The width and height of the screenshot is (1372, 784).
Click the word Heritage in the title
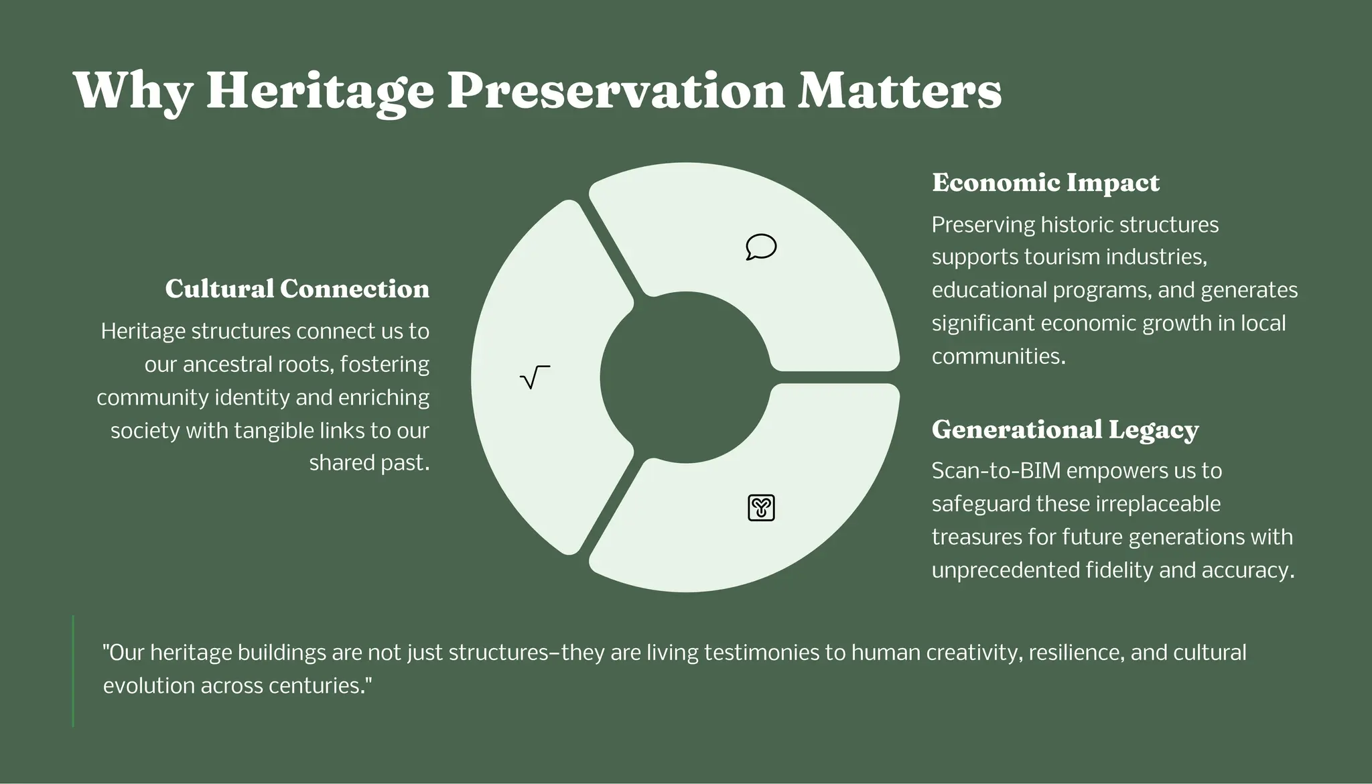pos(320,91)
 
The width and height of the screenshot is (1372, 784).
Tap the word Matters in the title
pos(899,91)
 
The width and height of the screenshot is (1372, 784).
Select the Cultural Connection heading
pos(297,289)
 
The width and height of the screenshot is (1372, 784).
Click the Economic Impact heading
pos(1045,183)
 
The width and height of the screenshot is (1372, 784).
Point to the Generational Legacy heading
pos(1065,430)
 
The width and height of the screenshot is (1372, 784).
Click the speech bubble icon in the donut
pos(761,247)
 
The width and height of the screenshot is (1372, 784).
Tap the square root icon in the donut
pos(535,377)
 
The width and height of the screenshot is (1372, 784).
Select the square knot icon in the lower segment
pos(761,507)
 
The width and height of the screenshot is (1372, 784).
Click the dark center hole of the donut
pos(685,377)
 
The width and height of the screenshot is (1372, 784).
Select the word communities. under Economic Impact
pos(998,356)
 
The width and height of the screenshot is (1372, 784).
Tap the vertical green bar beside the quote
pos(73,671)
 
